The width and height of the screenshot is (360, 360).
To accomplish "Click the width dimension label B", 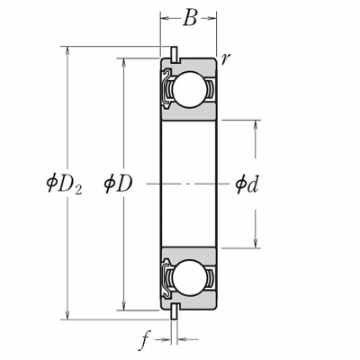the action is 190,18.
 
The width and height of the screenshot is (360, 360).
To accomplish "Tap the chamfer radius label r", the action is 225,59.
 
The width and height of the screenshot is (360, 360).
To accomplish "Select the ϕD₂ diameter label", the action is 64,184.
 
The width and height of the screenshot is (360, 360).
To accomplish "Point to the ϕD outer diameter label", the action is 118,184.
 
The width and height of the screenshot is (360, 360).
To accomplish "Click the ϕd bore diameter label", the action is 247,184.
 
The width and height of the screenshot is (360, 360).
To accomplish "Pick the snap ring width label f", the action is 145,340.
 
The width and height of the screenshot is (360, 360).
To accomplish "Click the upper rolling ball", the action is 190,89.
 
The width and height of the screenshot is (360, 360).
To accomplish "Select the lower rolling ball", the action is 190,278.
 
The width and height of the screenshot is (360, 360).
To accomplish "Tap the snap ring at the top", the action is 174,55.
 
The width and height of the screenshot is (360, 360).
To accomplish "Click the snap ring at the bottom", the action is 174,311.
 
